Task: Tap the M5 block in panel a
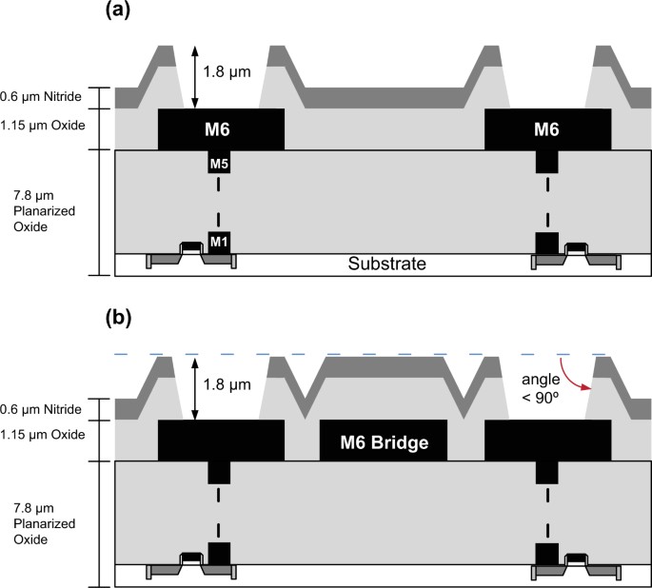pyautogui.click(x=220, y=163)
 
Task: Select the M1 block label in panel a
pyautogui.click(x=220, y=241)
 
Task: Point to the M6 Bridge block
pyautogui.click(x=385, y=442)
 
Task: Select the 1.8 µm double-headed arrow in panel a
pyautogui.click(x=195, y=76)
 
